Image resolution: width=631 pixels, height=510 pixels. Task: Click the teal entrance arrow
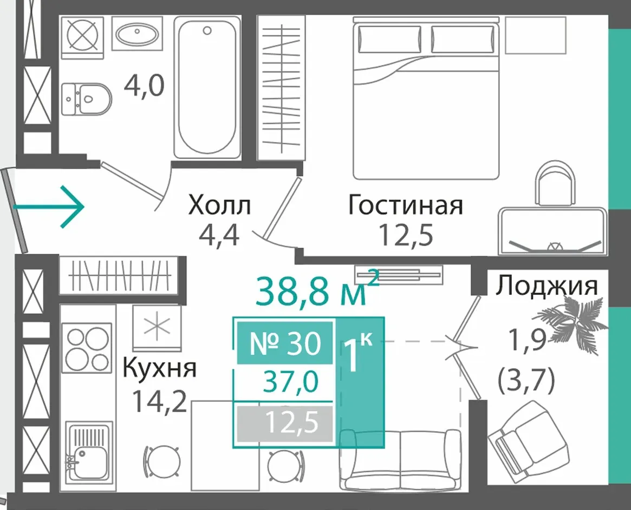(x=48, y=207)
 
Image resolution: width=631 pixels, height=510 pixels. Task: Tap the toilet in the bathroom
(x=87, y=98)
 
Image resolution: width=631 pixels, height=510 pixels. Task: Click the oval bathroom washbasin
(x=137, y=34)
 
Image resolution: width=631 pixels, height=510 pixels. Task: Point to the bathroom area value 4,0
(x=144, y=85)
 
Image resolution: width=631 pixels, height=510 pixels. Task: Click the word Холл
(x=219, y=205)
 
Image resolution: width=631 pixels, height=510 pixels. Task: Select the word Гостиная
(x=406, y=205)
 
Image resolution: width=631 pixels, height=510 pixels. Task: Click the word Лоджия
(x=547, y=287)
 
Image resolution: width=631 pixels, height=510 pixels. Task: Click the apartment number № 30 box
(x=285, y=343)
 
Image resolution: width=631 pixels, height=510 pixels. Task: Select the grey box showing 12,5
(x=285, y=423)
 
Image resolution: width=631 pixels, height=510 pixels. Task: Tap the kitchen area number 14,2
(x=160, y=402)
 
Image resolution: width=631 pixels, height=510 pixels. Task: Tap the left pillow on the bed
(x=389, y=39)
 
